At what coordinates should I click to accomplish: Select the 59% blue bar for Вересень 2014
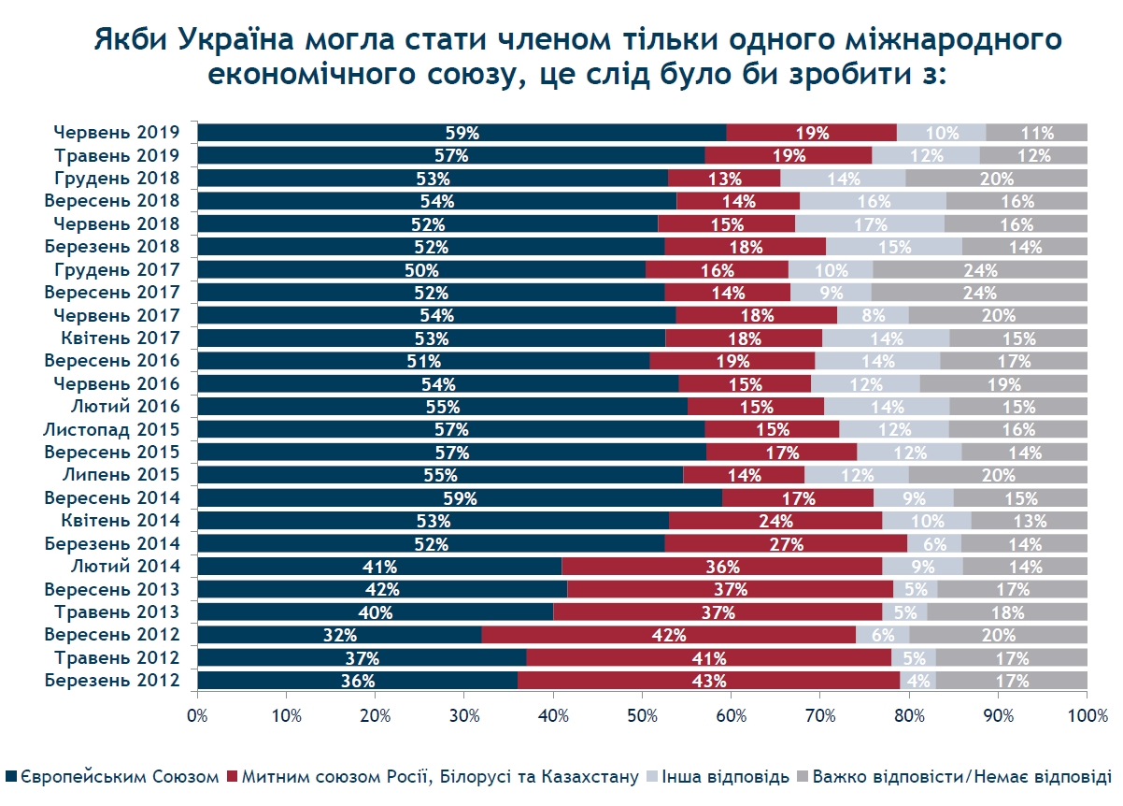pos(460,497)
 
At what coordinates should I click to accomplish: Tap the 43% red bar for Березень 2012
pos(708,680)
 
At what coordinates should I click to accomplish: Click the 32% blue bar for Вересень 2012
pos(339,635)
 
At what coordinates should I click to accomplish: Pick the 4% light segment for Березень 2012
pos(917,680)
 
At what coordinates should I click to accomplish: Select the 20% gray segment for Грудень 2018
pos(996,178)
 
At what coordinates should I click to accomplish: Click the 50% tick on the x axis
pos(642,716)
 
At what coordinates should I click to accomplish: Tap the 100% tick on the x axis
pos(1087,716)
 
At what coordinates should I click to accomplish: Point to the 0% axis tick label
pos(197,716)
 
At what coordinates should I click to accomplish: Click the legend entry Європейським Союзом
pos(120,777)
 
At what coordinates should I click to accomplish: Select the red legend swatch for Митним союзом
pos(233,777)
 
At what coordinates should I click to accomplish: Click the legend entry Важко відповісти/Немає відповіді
pos(961,777)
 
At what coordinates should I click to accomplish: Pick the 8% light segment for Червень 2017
pos(873,315)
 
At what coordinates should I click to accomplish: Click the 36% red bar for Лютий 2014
pos(722,566)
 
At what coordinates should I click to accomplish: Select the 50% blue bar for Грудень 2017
pos(421,269)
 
